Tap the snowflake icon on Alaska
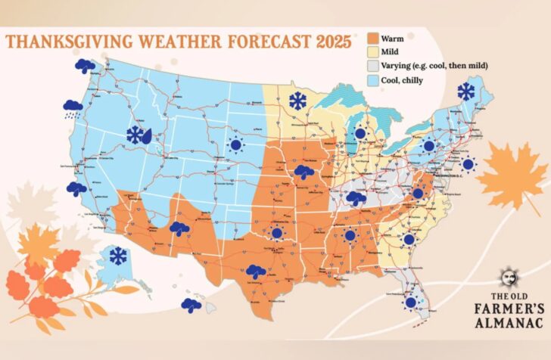118,256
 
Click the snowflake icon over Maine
465,92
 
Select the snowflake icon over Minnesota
297,101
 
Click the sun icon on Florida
410,303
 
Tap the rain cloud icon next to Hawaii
191,305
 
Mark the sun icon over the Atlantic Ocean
468,164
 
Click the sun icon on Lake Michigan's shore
360,132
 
